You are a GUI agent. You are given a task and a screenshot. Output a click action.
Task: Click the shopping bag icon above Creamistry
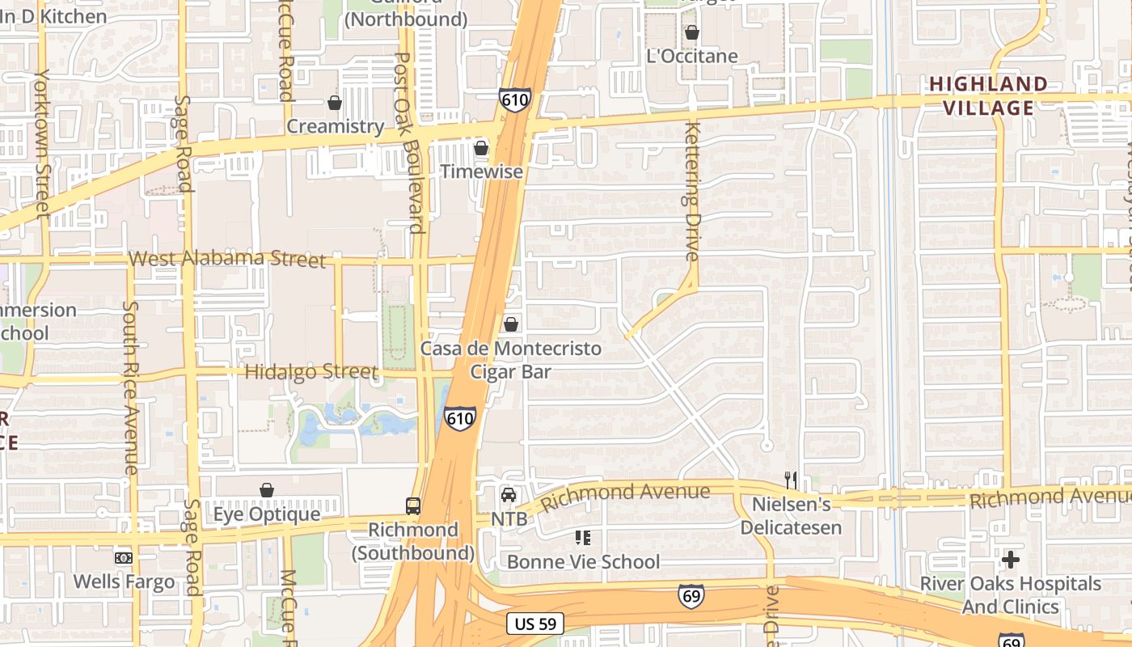coord(335,104)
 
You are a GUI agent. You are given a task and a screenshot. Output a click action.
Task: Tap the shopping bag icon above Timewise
coord(481,148)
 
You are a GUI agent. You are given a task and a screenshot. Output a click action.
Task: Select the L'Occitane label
coord(693,56)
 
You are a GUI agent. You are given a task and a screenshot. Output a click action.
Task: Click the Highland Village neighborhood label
coord(987,95)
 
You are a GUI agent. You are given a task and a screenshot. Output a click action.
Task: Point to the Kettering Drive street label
coord(691,191)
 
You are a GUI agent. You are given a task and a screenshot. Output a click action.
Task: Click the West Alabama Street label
coord(227,259)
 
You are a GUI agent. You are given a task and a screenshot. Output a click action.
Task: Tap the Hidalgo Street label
coord(310,373)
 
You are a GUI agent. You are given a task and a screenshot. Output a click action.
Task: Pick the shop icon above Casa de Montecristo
coord(511,324)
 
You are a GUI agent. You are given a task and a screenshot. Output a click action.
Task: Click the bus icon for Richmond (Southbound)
coord(412,506)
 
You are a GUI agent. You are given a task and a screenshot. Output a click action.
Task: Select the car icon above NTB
coord(509,495)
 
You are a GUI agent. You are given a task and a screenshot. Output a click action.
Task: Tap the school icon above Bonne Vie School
coord(582,538)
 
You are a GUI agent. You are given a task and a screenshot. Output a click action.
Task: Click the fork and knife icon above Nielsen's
coord(791,480)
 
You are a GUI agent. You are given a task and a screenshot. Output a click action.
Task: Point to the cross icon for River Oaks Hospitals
coord(1010,559)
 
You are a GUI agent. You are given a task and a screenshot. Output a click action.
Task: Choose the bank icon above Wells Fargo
coord(124,558)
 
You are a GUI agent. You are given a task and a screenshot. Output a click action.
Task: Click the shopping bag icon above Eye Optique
coord(267,490)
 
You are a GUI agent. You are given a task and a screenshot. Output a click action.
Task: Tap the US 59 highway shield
coord(535,624)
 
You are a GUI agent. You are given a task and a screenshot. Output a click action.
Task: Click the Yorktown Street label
coord(43,143)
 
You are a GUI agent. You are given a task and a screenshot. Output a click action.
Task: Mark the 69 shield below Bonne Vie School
coord(691,597)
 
